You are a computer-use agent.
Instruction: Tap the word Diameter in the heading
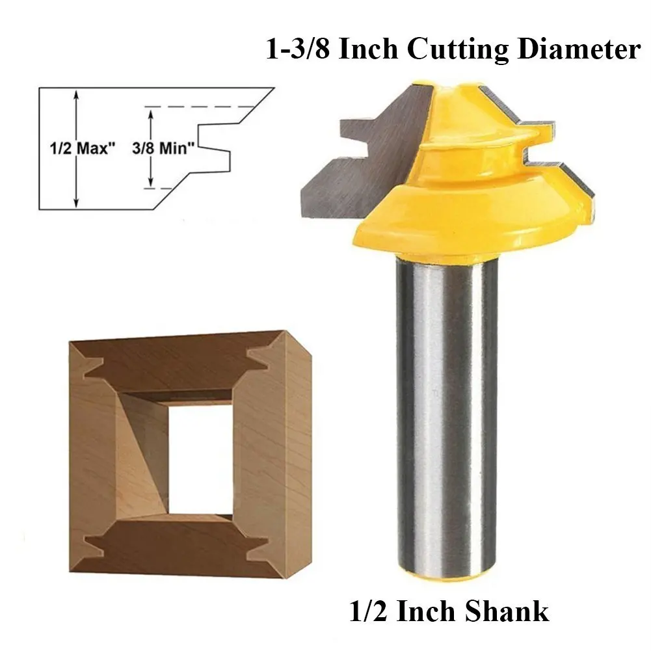click(579, 50)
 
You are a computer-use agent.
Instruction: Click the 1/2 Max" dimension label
click(82, 148)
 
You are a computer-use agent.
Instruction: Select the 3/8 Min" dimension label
click(163, 148)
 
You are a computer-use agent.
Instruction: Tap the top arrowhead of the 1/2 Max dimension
click(76, 95)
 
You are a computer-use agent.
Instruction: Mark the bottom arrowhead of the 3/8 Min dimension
click(151, 182)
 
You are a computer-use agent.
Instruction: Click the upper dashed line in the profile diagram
click(200, 107)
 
